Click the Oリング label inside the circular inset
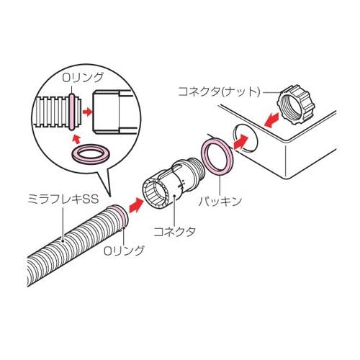point(83,78)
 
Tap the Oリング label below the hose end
point(124,251)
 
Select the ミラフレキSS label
point(63,199)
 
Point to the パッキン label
point(220,201)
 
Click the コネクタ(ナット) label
point(219,91)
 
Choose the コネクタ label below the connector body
point(174,232)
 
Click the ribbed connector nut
point(296,104)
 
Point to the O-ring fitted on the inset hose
point(71,112)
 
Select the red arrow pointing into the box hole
point(240,142)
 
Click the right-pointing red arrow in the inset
point(87,112)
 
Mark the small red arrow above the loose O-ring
point(76,139)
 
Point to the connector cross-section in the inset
point(112,112)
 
